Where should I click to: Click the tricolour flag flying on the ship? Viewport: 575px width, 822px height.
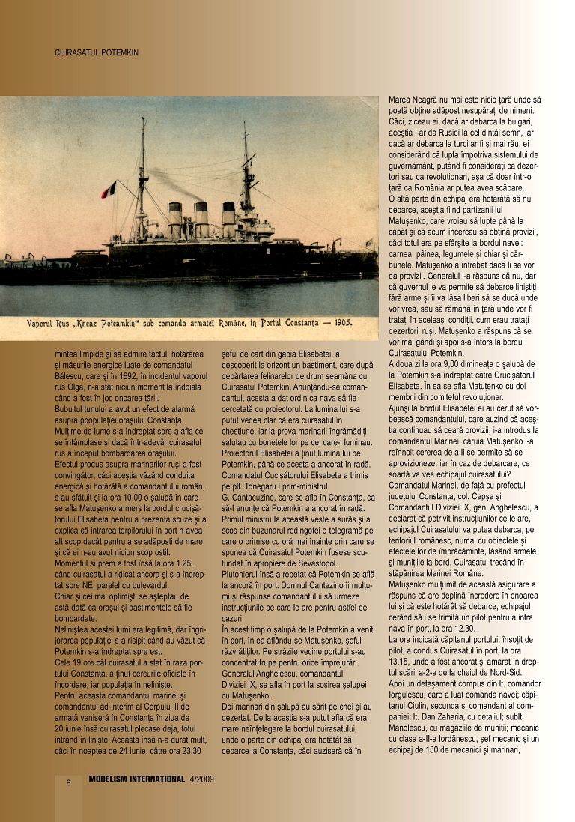109,190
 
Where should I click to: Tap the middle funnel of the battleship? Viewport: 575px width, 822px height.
201,219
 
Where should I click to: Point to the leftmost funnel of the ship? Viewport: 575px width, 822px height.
175,219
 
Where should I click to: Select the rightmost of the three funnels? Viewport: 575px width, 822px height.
228,219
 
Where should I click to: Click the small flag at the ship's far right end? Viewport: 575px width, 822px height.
368,242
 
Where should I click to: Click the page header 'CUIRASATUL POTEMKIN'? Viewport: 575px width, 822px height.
97,53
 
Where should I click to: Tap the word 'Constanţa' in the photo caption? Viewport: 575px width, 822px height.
293,327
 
